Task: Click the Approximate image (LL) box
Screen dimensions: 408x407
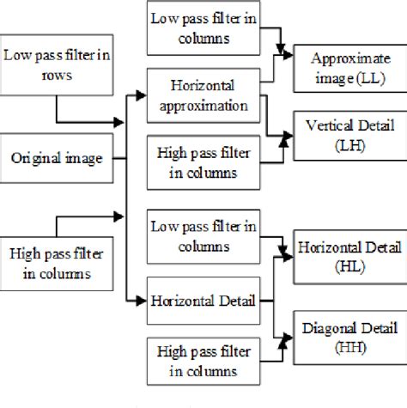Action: pos(346,66)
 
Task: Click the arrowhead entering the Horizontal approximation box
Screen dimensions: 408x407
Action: pos(142,95)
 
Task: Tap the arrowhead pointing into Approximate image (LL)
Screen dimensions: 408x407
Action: pos(288,53)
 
